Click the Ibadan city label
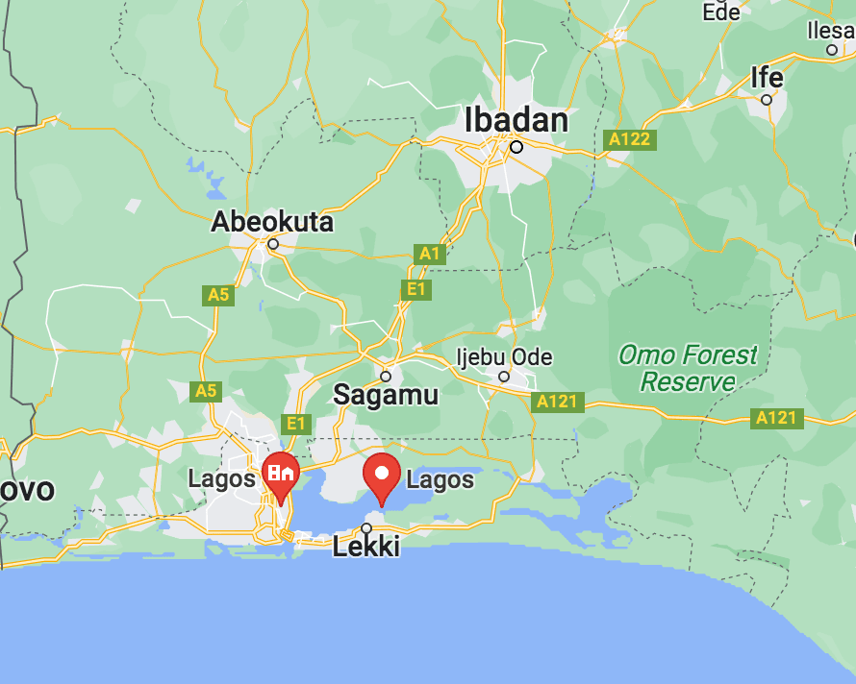click(516, 121)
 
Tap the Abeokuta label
click(272, 222)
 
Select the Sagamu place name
click(385, 395)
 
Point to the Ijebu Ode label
click(504, 357)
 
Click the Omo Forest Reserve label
click(688, 368)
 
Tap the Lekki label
click(365, 549)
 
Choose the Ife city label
click(767, 77)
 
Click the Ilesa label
click(831, 31)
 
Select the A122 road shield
click(630, 139)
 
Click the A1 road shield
click(429, 254)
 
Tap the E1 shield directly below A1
click(416, 289)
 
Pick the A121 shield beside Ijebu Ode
click(557, 402)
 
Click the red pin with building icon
click(281, 475)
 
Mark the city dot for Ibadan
click(516, 147)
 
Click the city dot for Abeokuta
click(273, 244)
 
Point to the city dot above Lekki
click(366, 527)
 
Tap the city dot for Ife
click(767, 100)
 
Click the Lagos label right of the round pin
click(441, 479)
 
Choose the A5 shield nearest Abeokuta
click(218, 294)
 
